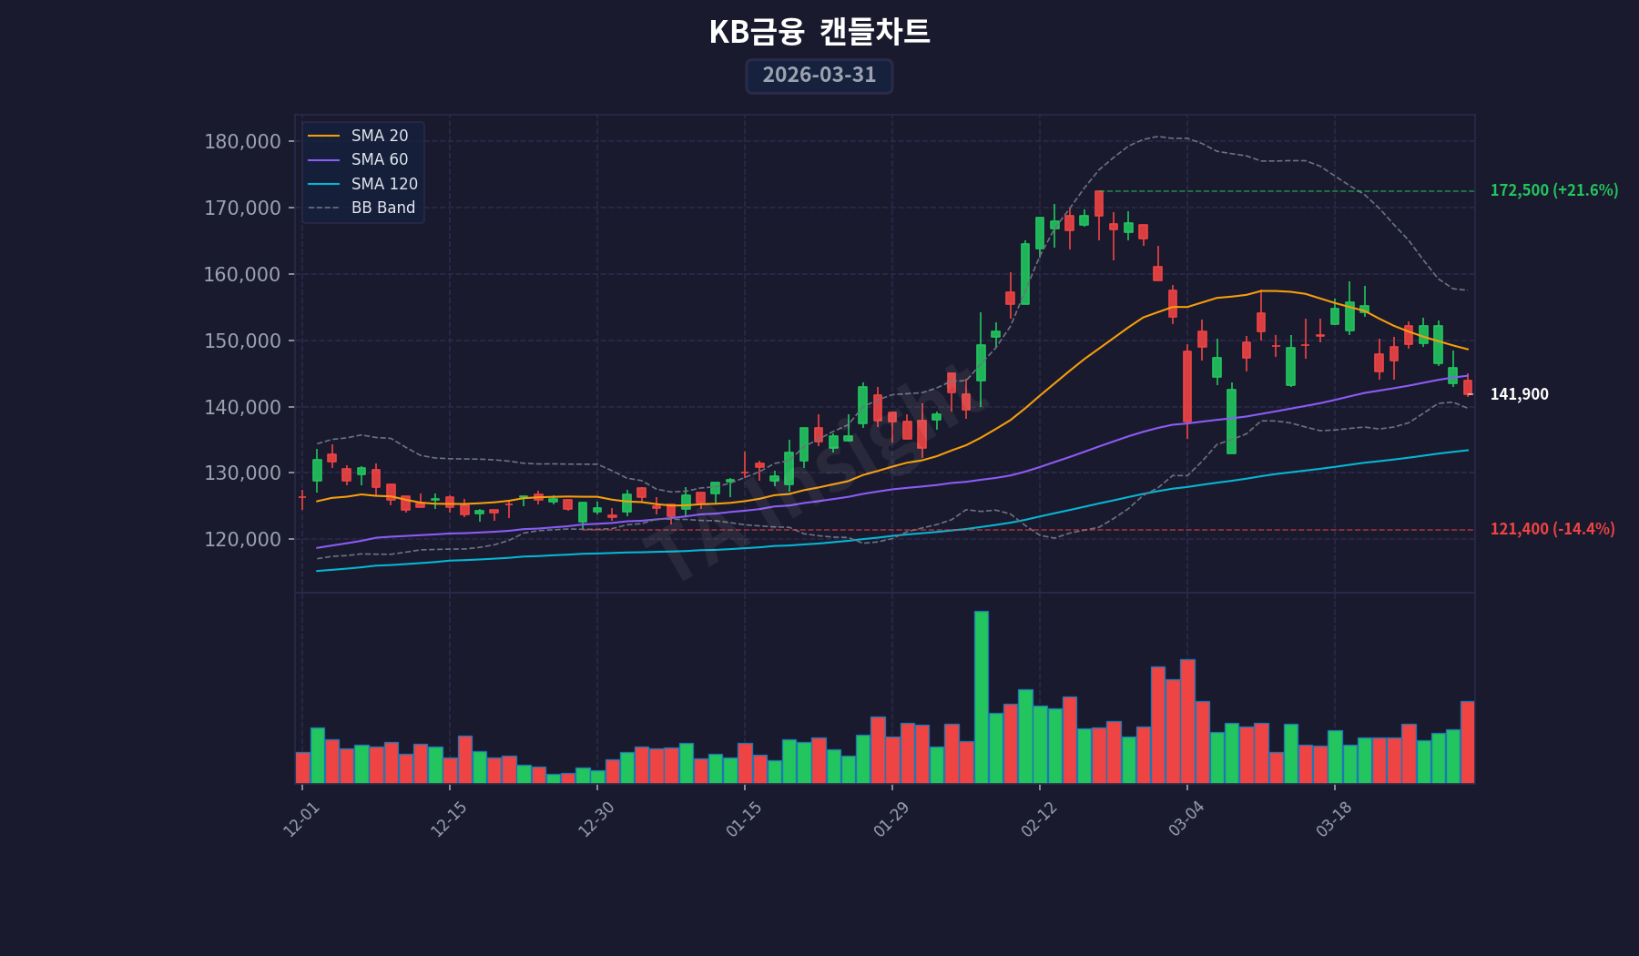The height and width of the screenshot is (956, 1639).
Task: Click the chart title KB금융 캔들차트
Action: [819, 33]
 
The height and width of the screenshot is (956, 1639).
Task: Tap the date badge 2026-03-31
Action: [819, 76]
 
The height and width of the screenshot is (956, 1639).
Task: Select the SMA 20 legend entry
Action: [379, 136]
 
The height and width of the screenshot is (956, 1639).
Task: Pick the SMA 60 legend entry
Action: [379, 159]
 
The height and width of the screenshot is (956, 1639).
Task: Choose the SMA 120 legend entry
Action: [383, 184]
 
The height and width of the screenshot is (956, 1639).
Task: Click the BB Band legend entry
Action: [382, 208]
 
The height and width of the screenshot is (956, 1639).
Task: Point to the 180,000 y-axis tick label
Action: [242, 142]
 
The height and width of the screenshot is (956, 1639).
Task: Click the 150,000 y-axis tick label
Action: [242, 341]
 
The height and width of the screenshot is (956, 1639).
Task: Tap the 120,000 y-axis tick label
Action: [242, 540]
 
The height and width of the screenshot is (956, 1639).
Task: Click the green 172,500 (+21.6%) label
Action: [1553, 191]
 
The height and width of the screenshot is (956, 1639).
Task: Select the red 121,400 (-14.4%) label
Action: [1552, 530]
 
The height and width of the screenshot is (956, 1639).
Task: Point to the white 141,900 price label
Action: [1519, 395]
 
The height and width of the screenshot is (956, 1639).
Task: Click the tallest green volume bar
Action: [981, 697]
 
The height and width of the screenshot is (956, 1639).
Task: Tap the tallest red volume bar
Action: [1187, 721]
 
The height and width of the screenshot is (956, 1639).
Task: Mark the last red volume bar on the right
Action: [1467, 742]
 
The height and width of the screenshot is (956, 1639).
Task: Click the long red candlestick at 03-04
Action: [1187, 387]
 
